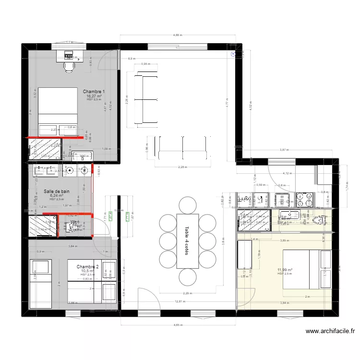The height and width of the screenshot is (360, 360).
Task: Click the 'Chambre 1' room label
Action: pos(94,91)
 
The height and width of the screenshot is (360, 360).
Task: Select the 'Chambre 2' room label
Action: pos(87,266)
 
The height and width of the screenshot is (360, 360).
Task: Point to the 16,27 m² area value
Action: pos(94,96)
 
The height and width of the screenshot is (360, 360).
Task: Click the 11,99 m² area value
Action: pos(285,270)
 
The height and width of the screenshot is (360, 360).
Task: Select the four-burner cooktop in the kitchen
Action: pos(304,198)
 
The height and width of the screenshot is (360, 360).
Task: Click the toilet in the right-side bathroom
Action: pos(320,220)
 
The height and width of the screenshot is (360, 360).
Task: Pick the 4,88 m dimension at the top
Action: pos(178,35)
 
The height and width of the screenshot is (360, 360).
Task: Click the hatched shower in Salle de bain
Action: pos(42,226)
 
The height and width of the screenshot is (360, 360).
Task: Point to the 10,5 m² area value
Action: pos(87,271)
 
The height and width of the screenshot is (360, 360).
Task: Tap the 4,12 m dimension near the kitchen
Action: pos(287,173)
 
